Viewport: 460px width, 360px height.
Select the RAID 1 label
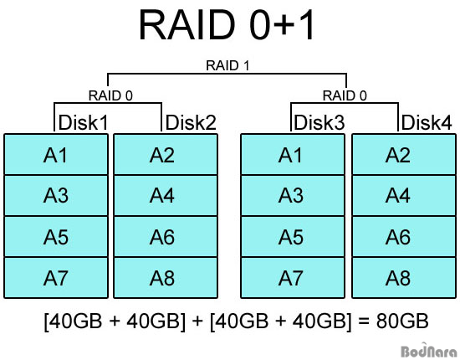[x=229, y=64]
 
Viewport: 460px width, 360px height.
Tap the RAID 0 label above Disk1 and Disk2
[x=110, y=95]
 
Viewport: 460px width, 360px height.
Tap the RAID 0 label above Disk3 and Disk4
[x=346, y=95]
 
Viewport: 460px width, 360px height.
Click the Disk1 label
[x=83, y=123]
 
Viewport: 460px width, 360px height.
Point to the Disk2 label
[x=191, y=123]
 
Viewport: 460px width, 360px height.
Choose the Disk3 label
[x=319, y=123]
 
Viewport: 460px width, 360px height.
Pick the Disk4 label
[x=427, y=123]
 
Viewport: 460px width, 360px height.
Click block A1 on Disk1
[x=57, y=154]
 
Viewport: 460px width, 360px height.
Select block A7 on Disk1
[x=57, y=277]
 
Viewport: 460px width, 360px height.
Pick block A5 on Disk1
[x=57, y=236]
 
